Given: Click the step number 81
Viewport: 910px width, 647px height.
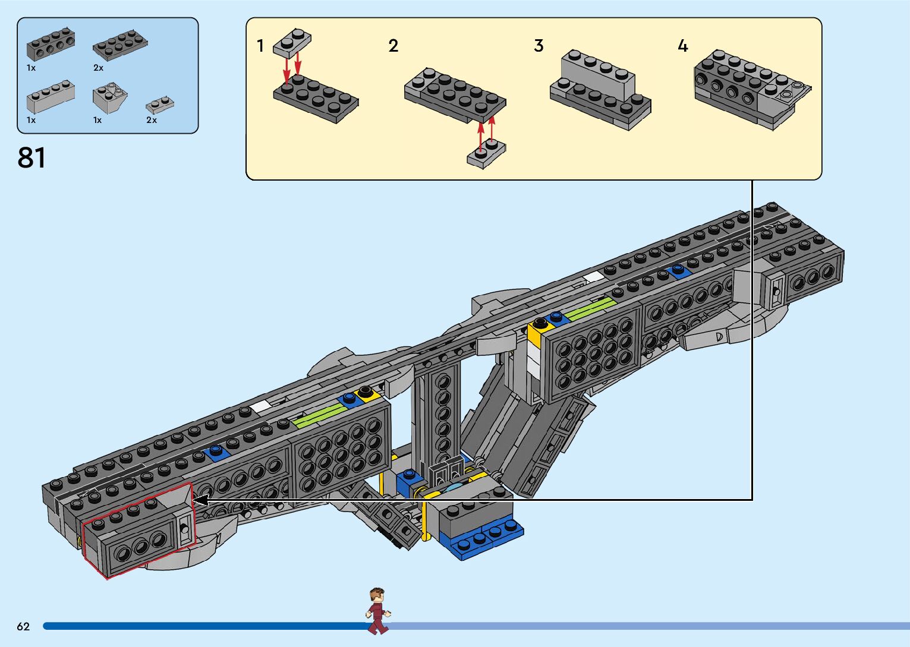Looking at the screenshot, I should (32, 158).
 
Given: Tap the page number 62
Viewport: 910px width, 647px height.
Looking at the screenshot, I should (23, 626).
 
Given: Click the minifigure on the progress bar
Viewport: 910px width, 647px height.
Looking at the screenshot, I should (377, 611).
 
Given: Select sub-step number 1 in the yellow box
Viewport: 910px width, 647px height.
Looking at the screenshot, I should (260, 46).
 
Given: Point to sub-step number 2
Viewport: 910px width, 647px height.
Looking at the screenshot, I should (393, 46).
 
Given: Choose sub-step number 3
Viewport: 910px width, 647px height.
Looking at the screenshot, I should (539, 46).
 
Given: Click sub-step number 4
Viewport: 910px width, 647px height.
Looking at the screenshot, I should (683, 46).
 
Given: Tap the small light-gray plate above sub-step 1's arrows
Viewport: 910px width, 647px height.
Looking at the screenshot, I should (292, 43).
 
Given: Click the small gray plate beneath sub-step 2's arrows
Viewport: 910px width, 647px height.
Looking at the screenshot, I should (486, 154).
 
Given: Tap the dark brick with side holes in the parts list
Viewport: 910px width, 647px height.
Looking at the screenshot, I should (51, 45).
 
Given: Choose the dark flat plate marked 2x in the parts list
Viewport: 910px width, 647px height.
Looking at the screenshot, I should (119, 45).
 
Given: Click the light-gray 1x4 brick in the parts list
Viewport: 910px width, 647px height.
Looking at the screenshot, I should (51, 97).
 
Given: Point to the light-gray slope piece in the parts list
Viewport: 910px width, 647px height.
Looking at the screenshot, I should (109, 97).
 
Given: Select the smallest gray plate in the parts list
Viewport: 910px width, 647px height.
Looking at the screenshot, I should (159, 105).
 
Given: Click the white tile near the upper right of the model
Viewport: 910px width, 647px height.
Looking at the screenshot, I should (593, 277).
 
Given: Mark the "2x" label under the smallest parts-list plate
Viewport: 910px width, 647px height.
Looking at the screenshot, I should (152, 120).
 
